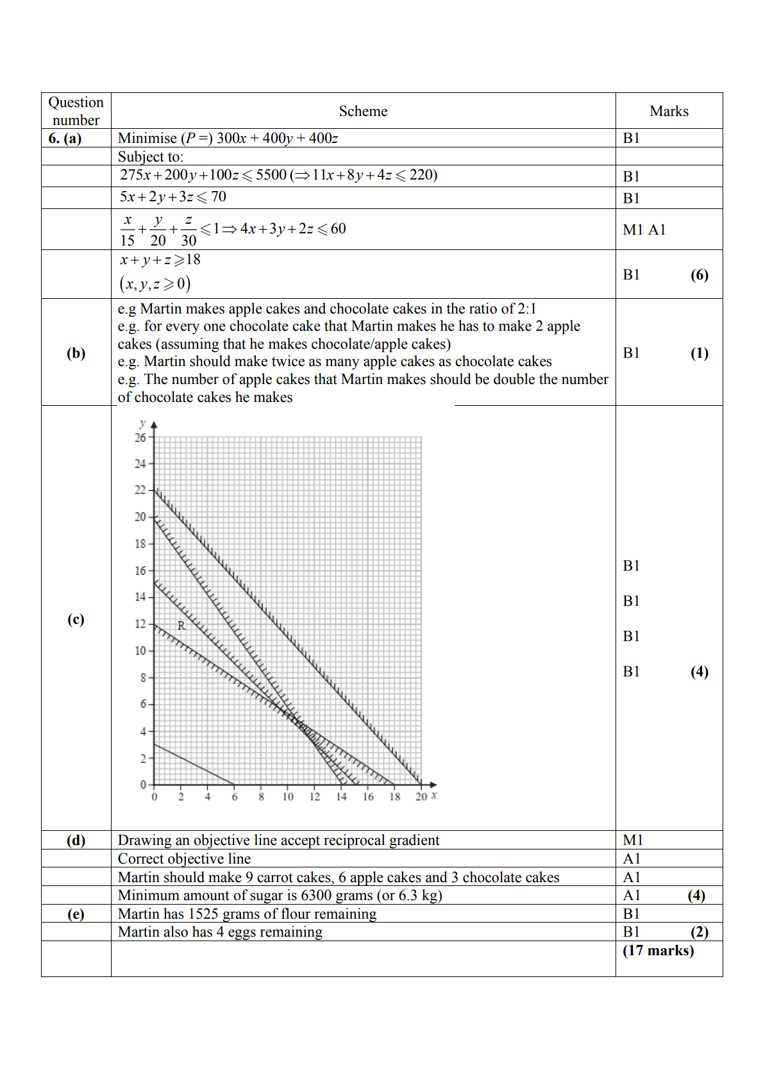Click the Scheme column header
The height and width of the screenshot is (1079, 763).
[363, 112]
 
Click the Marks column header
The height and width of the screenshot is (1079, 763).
[669, 112]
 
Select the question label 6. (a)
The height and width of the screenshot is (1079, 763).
[65, 138]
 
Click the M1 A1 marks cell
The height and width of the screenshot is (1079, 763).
[644, 230]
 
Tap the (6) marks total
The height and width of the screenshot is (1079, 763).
[699, 275]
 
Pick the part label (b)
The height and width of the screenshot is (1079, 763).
[76, 353]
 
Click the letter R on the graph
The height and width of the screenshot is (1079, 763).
[181, 626]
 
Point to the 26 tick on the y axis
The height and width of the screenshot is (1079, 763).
[140, 438]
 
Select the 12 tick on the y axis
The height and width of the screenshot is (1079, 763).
[140, 624]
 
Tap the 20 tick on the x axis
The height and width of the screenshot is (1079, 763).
[421, 797]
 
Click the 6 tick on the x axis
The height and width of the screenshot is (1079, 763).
[235, 797]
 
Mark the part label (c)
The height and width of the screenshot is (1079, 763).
[76, 619]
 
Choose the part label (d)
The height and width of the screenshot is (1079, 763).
[76, 841]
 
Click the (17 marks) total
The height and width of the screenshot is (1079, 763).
[658, 951]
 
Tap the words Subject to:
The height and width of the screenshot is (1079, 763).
[151, 157]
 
